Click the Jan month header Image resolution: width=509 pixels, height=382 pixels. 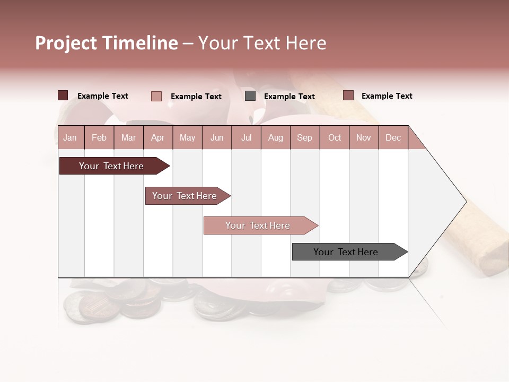coord(70,137)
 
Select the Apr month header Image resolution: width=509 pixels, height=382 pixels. coord(157,137)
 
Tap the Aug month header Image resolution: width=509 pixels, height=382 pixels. coord(275,137)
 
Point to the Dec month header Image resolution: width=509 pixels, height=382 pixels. coord(393,137)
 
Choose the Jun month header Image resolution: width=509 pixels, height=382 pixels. coord(216,137)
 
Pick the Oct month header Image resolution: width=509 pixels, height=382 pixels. coord(335,137)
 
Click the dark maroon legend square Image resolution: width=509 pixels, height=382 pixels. coord(63,95)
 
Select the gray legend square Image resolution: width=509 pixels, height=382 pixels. coord(250,95)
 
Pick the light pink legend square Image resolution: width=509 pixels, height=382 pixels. coord(156,96)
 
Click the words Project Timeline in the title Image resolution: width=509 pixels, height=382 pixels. coord(107,43)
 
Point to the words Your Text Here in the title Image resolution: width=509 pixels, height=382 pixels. coord(262,43)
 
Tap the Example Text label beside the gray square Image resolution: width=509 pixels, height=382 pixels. coord(289,96)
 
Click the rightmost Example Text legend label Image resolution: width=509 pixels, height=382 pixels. coord(387,96)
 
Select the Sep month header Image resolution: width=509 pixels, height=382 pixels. coord(304,137)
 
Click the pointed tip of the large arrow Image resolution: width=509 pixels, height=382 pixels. coord(465,201)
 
